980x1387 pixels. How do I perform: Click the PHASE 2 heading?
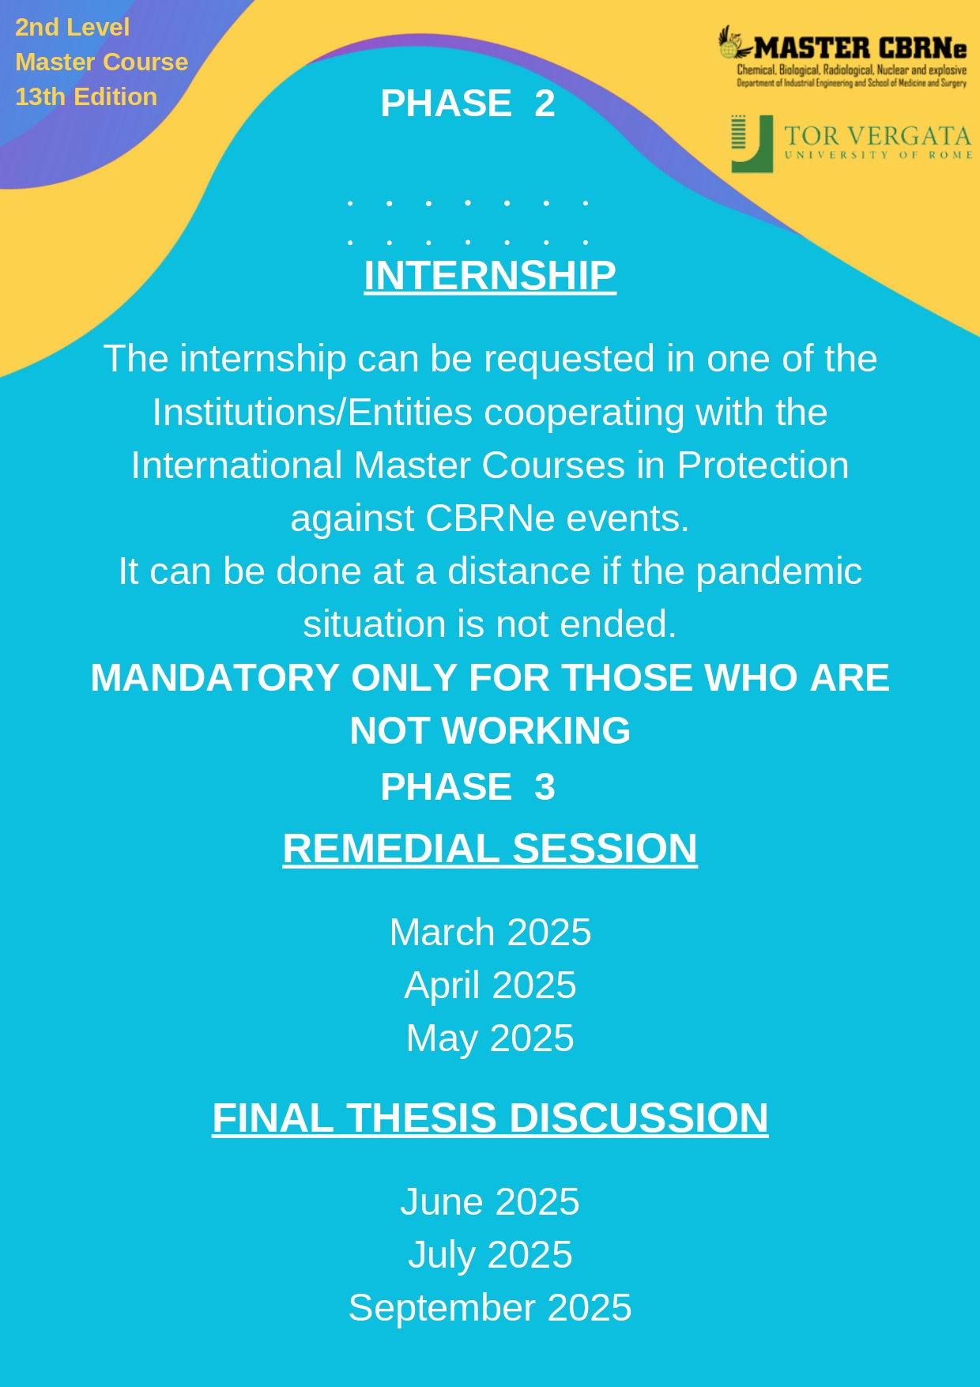pyautogui.click(x=468, y=104)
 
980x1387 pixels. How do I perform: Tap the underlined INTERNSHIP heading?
pyautogui.click(x=490, y=276)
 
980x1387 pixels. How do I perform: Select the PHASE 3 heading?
pyautogui.click(x=468, y=787)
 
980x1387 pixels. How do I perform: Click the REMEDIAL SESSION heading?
pyautogui.click(x=490, y=849)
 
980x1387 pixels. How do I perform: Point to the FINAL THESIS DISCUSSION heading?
pyautogui.click(x=490, y=1118)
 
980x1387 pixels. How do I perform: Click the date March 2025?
pyautogui.click(x=490, y=933)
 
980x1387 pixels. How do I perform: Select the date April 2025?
pyautogui.click(x=490, y=986)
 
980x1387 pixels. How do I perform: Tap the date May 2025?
pyautogui.click(x=490, y=1039)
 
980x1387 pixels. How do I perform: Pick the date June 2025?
pyautogui.click(x=490, y=1202)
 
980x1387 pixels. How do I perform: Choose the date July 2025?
pyautogui.click(x=490, y=1256)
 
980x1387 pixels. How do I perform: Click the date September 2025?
pyautogui.click(x=490, y=1309)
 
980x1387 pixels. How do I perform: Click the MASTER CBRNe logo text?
pyautogui.click(x=860, y=48)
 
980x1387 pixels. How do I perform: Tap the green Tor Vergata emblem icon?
pyautogui.click(x=752, y=144)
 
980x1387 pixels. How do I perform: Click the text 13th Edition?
pyautogui.click(x=86, y=97)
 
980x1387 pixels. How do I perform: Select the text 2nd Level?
pyautogui.click(x=72, y=28)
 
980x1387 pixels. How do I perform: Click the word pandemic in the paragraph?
pyautogui.click(x=778, y=572)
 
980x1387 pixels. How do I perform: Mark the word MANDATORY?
pyautogui.click(x=216, y=678)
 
